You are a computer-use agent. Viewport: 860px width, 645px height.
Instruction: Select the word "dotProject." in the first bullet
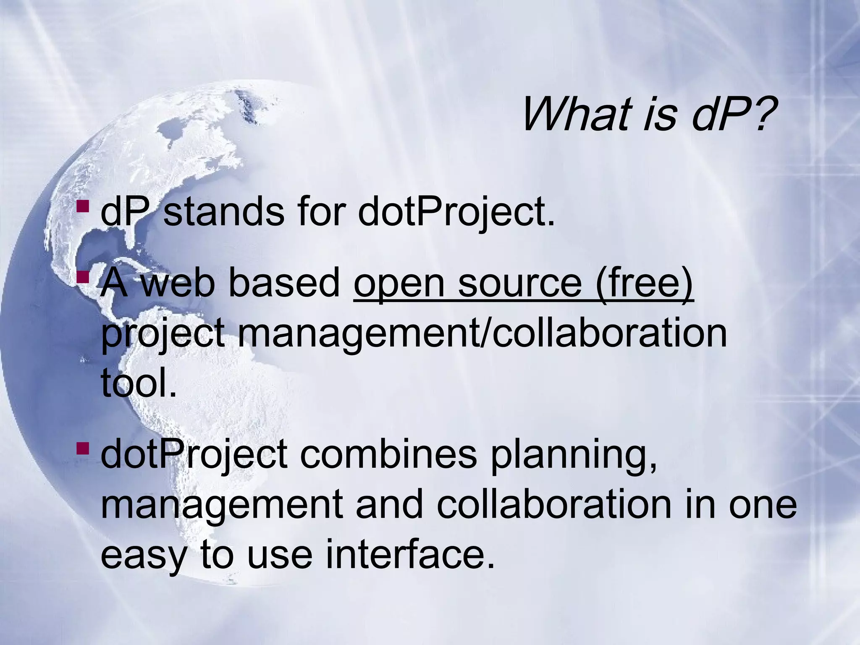(456, 213)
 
